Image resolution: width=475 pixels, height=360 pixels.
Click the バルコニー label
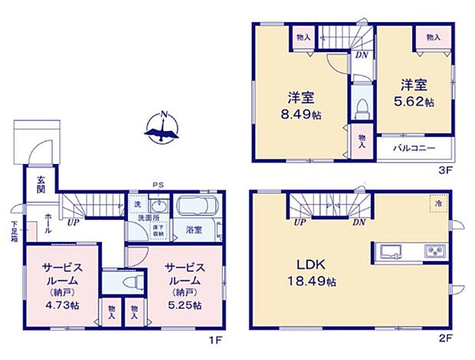(x=415, y=147)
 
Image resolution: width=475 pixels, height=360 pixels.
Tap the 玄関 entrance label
(x=38, y=185)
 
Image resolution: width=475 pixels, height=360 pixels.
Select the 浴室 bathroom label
(x=193, y=229)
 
